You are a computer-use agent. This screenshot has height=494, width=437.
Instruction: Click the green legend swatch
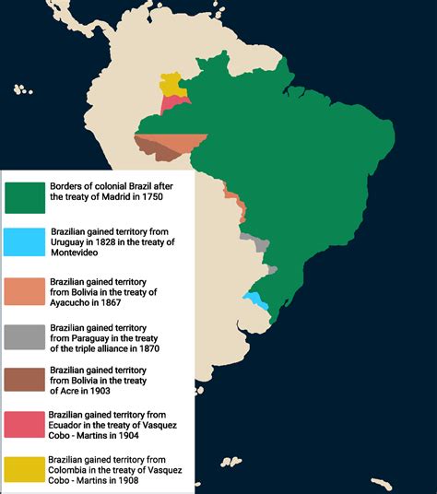(x=25, y=196)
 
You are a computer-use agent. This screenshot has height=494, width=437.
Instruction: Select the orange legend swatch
(x=25, y=291)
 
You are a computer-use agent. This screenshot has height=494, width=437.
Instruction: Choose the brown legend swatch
(x=25, y=380)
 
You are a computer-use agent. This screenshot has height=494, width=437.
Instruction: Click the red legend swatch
(x=25, y=424)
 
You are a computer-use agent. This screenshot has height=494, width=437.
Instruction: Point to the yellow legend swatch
(x=25, y=468)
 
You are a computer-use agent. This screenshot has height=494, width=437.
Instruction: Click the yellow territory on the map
(x=170, y=83)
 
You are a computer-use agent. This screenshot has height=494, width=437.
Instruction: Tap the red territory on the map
(x=171, y=102)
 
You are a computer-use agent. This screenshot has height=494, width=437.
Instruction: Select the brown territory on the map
(x=157, y=147)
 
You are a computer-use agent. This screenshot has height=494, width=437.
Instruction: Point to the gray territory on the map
(x=255, y=241)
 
